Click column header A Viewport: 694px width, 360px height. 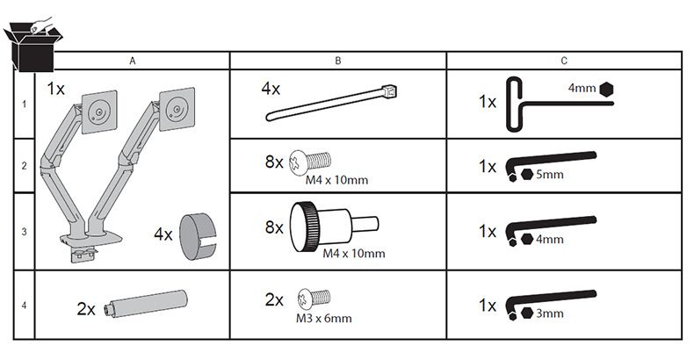click(133, 61)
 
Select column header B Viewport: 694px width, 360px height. click(338, 61)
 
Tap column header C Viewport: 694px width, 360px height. click(564, 61)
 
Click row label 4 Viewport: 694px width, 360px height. click(24, 306)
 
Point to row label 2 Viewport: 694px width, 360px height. click(24, 166)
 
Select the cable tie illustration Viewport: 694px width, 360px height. click(331, 103)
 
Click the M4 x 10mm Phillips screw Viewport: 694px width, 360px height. click(310, 161)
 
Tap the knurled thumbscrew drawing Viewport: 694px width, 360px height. click(334, 227)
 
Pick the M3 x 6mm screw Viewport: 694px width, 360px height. click(314, 298)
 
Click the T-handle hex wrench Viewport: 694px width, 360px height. click(560, 104)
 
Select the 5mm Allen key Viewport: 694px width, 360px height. click(551, 165)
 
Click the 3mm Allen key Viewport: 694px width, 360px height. click(551, 305)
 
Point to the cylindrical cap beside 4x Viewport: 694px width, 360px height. click(198, 236)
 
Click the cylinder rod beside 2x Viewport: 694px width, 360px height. click(145, 304)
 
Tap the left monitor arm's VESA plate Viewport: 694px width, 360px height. click(99, 112)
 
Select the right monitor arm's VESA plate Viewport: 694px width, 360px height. click(177, 109)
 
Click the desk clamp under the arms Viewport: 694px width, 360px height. click(84, 256)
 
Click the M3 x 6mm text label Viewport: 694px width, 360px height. click(324, 319)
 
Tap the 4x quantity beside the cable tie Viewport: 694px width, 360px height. click(271, 89)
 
